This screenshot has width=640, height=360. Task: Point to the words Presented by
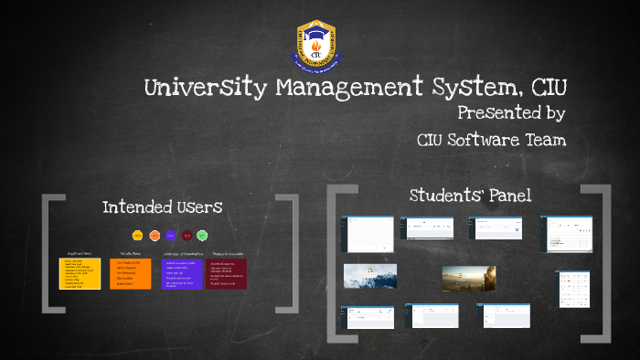pyautogui.click(x=510, y=114)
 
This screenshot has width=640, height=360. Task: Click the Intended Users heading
pyautogui.click(x=162, y=207)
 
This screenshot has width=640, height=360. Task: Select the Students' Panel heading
pyautogui.click(x=470, y=195)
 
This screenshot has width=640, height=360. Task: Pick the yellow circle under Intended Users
pyautogui.click(x=138, y=235)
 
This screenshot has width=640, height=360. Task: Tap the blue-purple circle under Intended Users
pyautogui.click(x=170, y=235)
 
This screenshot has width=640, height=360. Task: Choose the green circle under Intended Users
pyautogui.click(x=202, y=235)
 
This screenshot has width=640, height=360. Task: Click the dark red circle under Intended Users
pyautogui.click(x=187, y=235)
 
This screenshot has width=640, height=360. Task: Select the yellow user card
pyautogui.click(x=80, y=273)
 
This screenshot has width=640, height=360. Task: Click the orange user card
pyautogui.click(x=131, y=273)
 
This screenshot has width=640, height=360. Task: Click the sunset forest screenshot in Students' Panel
pyautogui.click(x=469, y=278)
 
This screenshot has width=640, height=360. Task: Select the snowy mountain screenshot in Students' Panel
pyautogui.click(x=369, y=276)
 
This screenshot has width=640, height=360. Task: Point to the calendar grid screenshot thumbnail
pyautogui.click(x=574, y=289)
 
